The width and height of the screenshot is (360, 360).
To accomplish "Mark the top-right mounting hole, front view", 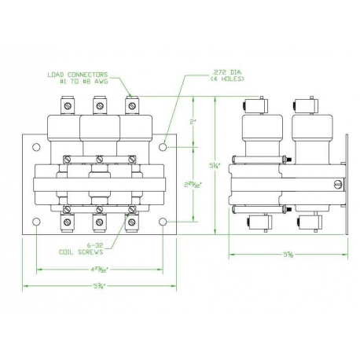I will pyautogui.click(x=163, y=145).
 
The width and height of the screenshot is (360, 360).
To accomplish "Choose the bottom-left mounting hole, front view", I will pyautogui.click(x=35, y=222).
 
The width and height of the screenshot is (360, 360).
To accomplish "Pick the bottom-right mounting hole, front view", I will pyautogui.click(x=163, y=222).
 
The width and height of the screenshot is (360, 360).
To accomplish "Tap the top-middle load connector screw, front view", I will pyautogui.click(x=99, y=105).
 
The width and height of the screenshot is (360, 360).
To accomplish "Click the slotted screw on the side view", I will pyautogui.click(x=338, y=186).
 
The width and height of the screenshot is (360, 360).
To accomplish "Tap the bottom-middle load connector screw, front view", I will pyautogui.click(x=99, y=222).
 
